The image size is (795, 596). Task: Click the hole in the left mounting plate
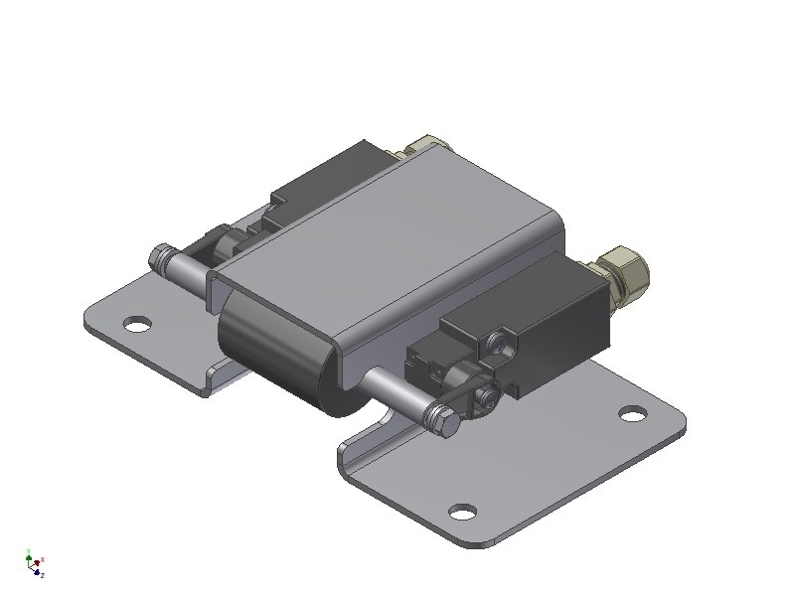137,324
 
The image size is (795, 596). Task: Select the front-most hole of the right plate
461,512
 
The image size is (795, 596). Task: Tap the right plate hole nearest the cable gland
631,413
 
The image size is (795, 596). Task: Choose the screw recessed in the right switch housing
498,344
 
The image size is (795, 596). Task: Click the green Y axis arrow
29,557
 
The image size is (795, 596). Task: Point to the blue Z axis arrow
41,573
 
